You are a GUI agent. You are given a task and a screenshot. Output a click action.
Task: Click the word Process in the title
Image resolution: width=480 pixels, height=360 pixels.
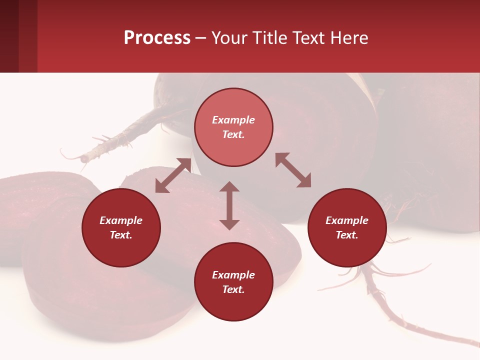point(157,38)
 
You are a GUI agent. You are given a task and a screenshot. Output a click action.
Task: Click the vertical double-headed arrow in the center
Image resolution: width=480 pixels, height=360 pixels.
point(229,205)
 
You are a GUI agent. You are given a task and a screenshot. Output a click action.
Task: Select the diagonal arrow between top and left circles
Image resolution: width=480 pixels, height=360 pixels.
point(173,175)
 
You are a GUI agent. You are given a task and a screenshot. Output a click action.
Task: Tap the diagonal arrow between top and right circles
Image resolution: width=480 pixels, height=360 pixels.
point(293,170)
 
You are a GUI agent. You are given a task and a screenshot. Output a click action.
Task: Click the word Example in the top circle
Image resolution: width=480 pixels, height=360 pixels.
point(233,120)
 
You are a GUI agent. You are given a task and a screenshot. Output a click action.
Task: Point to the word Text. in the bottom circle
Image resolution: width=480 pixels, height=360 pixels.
point(233,289)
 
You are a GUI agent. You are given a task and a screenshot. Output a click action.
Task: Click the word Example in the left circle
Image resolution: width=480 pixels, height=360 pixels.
point(121,220)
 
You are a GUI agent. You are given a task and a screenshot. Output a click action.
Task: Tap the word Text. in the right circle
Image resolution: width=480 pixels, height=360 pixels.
point(347,235)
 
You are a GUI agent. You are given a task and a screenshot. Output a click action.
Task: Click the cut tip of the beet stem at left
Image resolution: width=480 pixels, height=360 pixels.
point(84,158)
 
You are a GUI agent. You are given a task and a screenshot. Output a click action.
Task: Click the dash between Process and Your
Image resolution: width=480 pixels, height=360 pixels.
point(201,38)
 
